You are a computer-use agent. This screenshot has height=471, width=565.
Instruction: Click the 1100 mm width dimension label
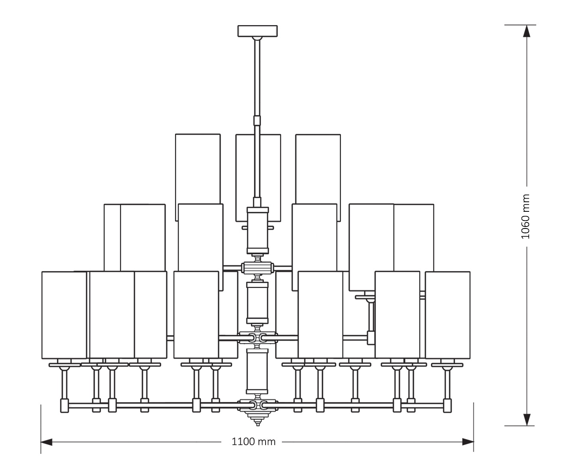pos(254,441)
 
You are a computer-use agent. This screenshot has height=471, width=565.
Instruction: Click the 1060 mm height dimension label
pos(526,217)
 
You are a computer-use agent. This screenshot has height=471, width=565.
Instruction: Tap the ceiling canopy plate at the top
pos(257,31)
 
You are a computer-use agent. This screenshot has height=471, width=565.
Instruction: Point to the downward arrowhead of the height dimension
pos(527,419)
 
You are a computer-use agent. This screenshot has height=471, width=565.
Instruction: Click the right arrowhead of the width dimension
pos(468,442)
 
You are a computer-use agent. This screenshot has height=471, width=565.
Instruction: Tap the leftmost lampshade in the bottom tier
pos(64,315)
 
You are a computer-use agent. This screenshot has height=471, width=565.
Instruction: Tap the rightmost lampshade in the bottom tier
pos(447,315)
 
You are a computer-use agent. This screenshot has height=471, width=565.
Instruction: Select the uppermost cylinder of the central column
pos(258,230)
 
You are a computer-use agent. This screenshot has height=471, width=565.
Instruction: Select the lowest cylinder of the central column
pos(258,371)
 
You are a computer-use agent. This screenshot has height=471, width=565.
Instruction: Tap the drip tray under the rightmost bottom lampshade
pos(447,365)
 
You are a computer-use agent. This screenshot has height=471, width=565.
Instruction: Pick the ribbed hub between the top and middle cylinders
pos(258,267)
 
